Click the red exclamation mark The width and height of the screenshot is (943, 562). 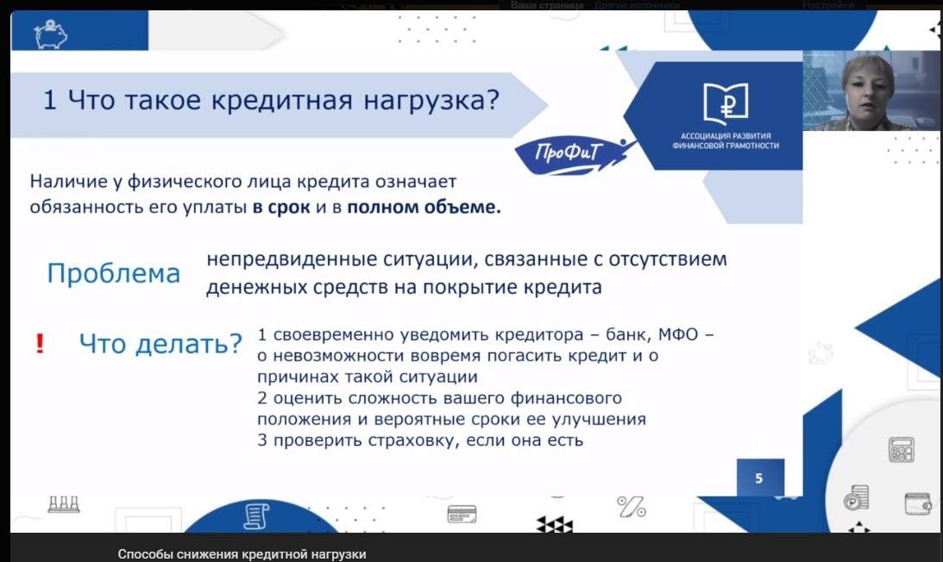coord(40,343)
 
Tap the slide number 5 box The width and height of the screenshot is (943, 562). coord(760,478)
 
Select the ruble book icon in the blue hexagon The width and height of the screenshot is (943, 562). coord(726,103)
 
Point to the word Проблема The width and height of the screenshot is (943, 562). coord(114,273)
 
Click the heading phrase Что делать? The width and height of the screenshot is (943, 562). coord(160,344)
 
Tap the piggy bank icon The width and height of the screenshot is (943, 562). coord(51,34)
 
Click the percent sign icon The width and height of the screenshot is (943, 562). coord(632,507)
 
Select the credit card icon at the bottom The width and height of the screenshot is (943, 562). coord(462,514)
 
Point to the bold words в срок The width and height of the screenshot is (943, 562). coord(281,208)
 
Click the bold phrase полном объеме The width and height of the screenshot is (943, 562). coord(424,208)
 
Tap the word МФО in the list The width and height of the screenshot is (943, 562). coord(678,334)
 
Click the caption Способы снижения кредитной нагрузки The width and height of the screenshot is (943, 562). coord(242,554)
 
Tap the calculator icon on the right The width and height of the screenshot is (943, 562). coord(902,450)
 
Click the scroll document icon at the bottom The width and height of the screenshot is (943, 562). coord(256,516)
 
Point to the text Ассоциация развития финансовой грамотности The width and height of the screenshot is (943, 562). coord(726,140)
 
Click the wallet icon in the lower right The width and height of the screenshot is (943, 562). coord(918,503)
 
